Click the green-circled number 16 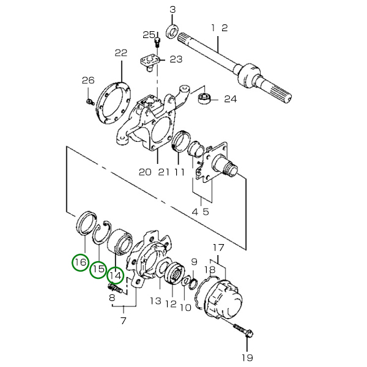point(80,262)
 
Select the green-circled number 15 point(98,269)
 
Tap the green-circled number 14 point(116,276)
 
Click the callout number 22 point(121,53)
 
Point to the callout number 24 point(231,99)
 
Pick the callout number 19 point(247,358)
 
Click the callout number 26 point(88,81)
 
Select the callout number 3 point(172,10)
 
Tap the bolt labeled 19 point(243,330)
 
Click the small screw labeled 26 point(89,102)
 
